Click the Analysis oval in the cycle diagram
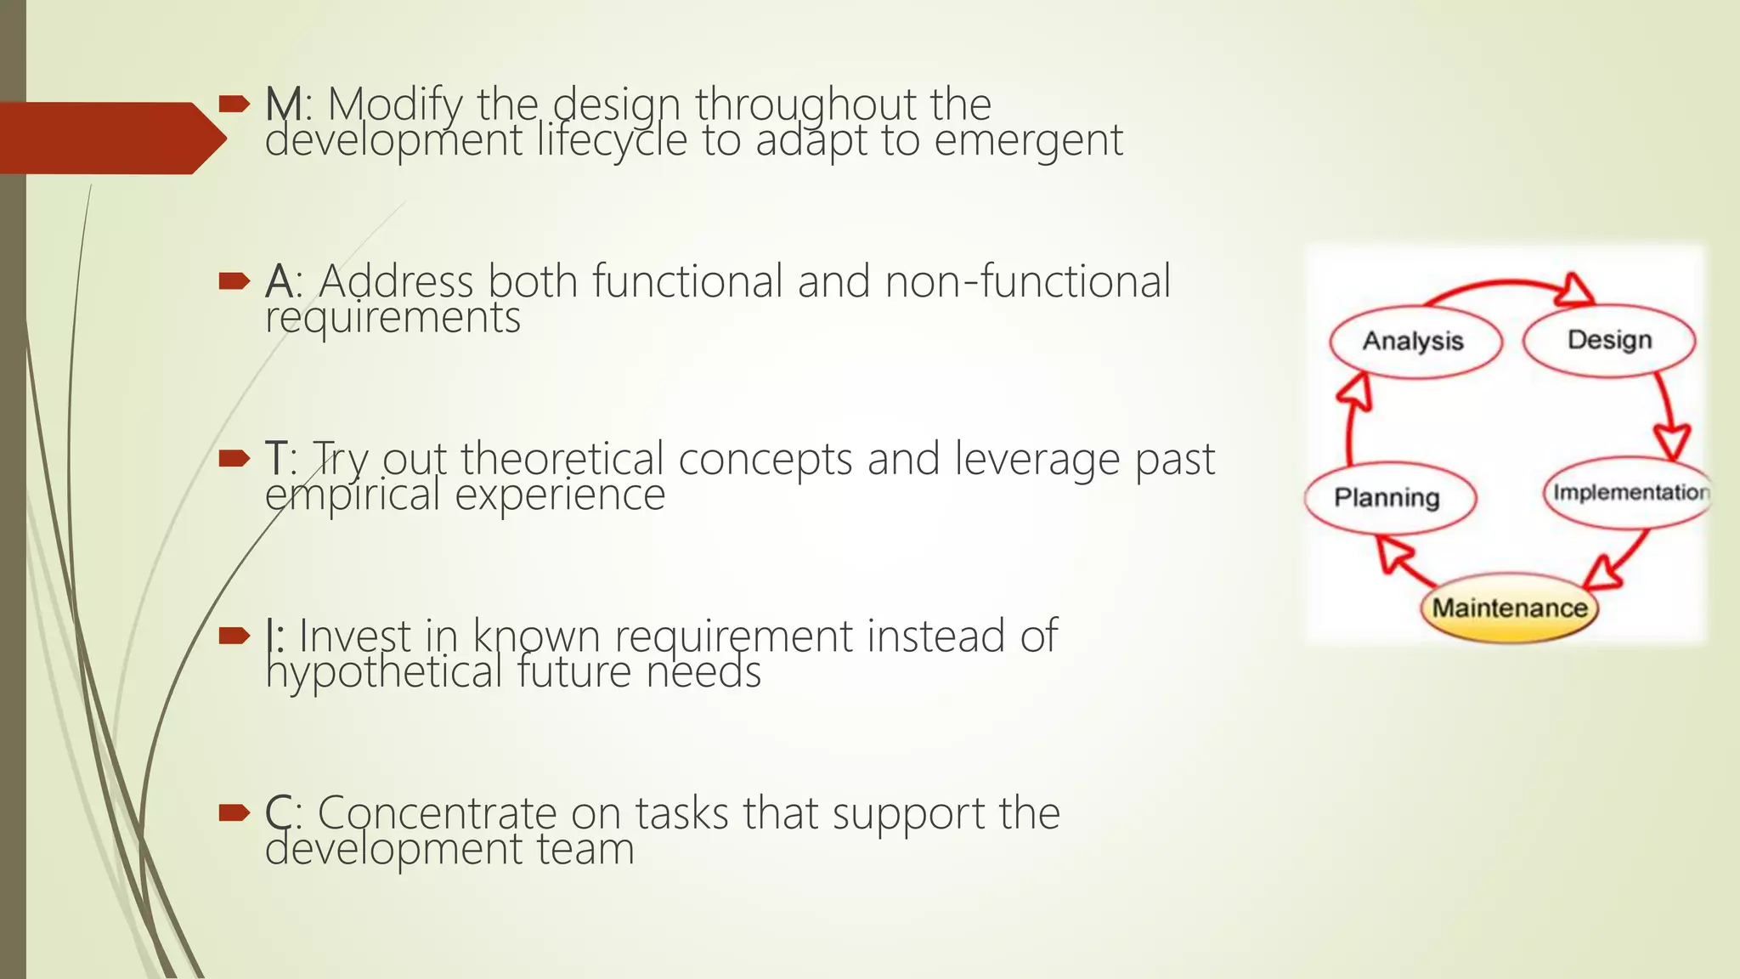[x=1415, y=342]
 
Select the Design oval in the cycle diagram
[x=1609, y=340]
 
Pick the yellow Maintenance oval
[x=1509, y=608]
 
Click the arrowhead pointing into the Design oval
[x=1578, y=290]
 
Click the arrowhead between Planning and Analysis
[x=1355, y=393]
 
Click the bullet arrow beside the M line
[x=234, y=105]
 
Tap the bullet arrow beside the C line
[x=234, y=813]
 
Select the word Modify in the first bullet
[x=395, y=105]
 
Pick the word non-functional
[x=1027, y=281]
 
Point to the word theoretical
[x=562, y=459]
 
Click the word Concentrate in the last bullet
[x=437, y=813]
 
